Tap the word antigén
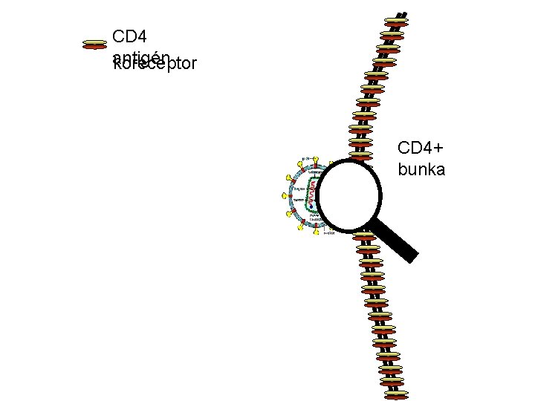142,56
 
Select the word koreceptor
155,65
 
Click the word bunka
421,170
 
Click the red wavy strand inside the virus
314,189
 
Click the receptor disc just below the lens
364,238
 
